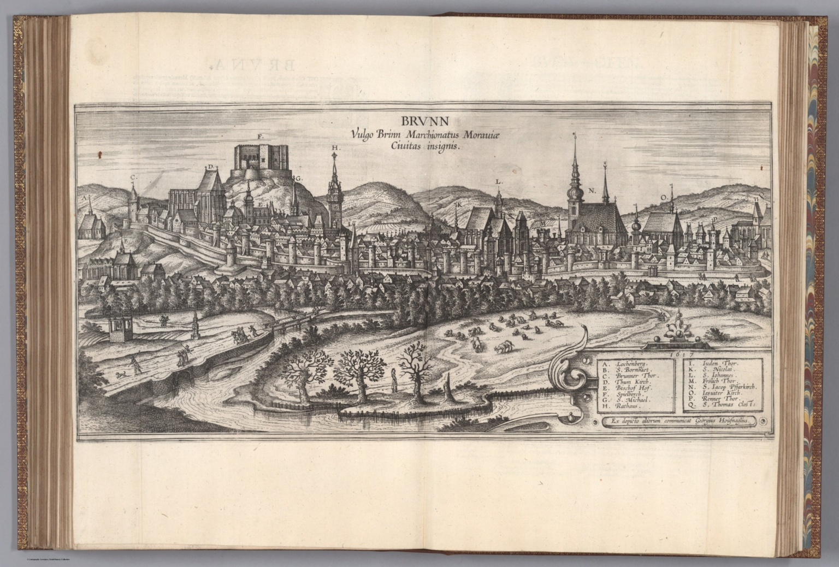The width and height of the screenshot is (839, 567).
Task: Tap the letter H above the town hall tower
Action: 334,148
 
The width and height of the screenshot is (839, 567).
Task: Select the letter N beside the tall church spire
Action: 591,190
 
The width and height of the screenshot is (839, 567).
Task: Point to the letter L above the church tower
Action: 498,181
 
